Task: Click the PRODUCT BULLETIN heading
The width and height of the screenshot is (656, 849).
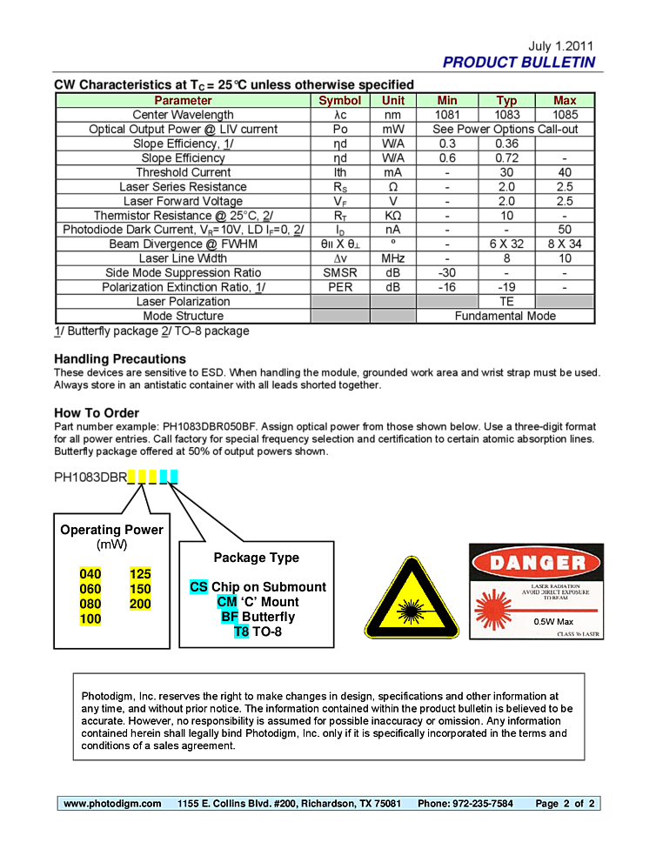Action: [519, 63]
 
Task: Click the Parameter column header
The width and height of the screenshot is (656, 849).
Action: [183, 101]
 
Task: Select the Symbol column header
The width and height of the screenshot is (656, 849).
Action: [339, 101]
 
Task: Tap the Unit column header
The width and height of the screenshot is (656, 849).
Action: [393, 101]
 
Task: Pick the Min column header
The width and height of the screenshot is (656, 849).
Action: [447, 101]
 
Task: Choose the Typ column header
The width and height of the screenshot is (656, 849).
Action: [506, 101]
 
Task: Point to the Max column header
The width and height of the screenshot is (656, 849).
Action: [565, 101]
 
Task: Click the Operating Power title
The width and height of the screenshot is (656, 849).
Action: [111, 530]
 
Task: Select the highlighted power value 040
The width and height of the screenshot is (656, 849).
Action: [90, 574]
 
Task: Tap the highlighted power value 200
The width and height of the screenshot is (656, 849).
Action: [140, 604]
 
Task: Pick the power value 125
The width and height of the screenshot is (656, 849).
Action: [140, 574]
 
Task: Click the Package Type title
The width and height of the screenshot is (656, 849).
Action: [256, 558]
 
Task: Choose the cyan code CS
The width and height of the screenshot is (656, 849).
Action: [198, 587]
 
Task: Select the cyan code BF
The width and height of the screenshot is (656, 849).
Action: [230, 617]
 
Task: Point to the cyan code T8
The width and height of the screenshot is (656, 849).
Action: [241, 632]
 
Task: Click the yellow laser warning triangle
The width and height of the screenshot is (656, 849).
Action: [411, 602]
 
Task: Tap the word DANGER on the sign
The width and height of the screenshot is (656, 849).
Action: [536, 562]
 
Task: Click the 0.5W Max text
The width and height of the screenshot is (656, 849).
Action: [553, 621]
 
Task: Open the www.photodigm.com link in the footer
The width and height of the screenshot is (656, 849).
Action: [112, 804]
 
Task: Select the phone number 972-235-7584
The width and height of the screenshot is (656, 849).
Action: [482, 804]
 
